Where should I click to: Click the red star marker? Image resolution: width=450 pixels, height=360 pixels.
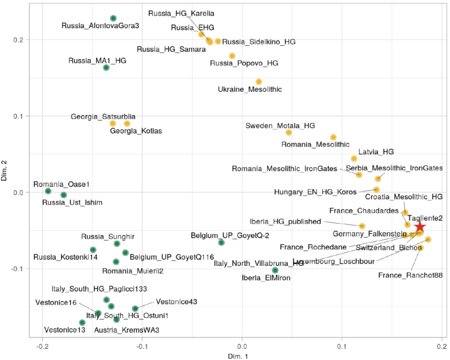420,227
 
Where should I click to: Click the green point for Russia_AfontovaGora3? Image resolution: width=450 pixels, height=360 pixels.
113,18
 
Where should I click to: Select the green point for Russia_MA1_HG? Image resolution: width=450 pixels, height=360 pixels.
106,68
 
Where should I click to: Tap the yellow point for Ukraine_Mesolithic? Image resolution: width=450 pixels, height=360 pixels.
258,81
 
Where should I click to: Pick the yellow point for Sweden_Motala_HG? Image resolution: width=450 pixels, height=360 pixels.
289,133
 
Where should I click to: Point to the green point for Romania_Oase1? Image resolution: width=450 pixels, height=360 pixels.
48,191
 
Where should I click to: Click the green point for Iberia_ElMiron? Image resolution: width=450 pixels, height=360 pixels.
275,270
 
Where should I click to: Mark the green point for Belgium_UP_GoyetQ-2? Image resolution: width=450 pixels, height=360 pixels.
221,242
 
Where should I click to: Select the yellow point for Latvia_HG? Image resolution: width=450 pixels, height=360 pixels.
354,159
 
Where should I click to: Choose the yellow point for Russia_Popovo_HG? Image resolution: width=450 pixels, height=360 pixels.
232,56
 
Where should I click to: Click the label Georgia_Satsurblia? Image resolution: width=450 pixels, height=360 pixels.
103,117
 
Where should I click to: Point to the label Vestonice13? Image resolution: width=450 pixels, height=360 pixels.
64,330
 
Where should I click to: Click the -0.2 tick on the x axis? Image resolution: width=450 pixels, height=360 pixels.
42,345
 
